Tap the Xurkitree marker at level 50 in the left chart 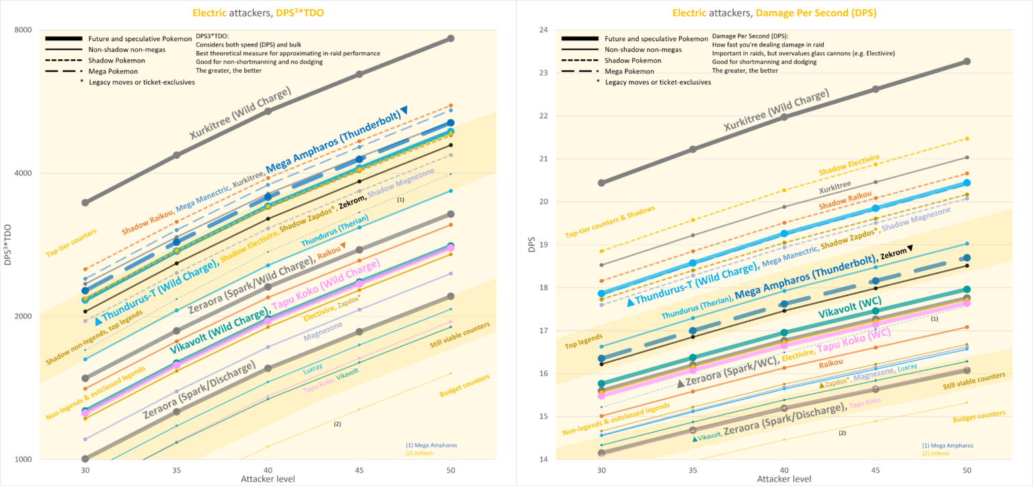(x=451, y=38)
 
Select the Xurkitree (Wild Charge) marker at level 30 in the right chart (x=601, y=182)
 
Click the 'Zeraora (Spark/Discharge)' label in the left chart (x=199, y=390)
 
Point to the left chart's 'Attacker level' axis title (x=268, y=478)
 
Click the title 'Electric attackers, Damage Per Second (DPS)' (x=775, y=12)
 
